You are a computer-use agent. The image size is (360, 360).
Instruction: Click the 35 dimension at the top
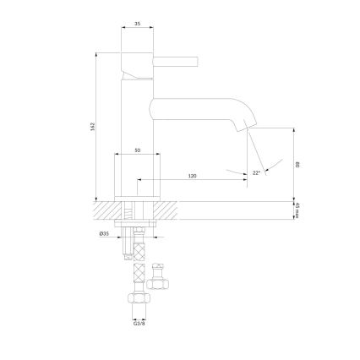pyautogui.click(x=137, y=25)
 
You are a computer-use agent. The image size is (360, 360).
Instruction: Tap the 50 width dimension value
pyautogui.click(x=137, y=150)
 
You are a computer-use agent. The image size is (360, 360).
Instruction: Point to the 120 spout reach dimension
pyautogui.click(x=192, y=176)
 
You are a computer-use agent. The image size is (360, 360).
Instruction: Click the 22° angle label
pyautogui.click(x=256, y=172)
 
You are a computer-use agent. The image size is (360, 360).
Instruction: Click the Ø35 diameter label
pyautogui.click(x=103, y=232)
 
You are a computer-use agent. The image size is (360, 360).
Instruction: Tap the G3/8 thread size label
pyautogui.click(x=137, y=322)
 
